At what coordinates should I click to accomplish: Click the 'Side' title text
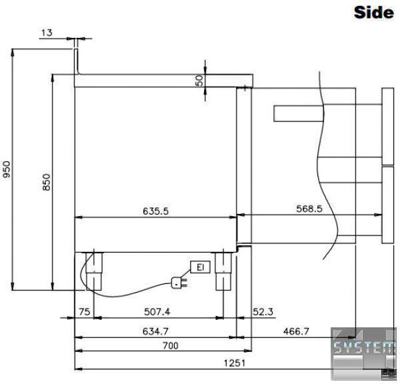pyautogui.click(x=374, y=13)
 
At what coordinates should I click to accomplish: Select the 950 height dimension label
pyautogui.click(x=6, y=169)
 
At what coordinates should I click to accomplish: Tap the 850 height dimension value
pyautogui.click(x=47, y=182)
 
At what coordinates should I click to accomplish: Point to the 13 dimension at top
pyautogui.click(x=47, y=33)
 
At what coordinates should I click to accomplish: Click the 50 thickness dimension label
pyautogui.click(x=199, y=81)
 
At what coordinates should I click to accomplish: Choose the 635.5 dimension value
pyautogui.click(x=155, y=211)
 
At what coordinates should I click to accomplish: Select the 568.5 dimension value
pyautogui.click(x=309, y=209)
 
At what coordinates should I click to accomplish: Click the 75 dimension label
pyautogui.click(x=85, y=312)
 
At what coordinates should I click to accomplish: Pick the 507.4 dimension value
pyautogui.click(x=157, y=312)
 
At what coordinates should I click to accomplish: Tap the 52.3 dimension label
pyautogui.click(x=263, y=312)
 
